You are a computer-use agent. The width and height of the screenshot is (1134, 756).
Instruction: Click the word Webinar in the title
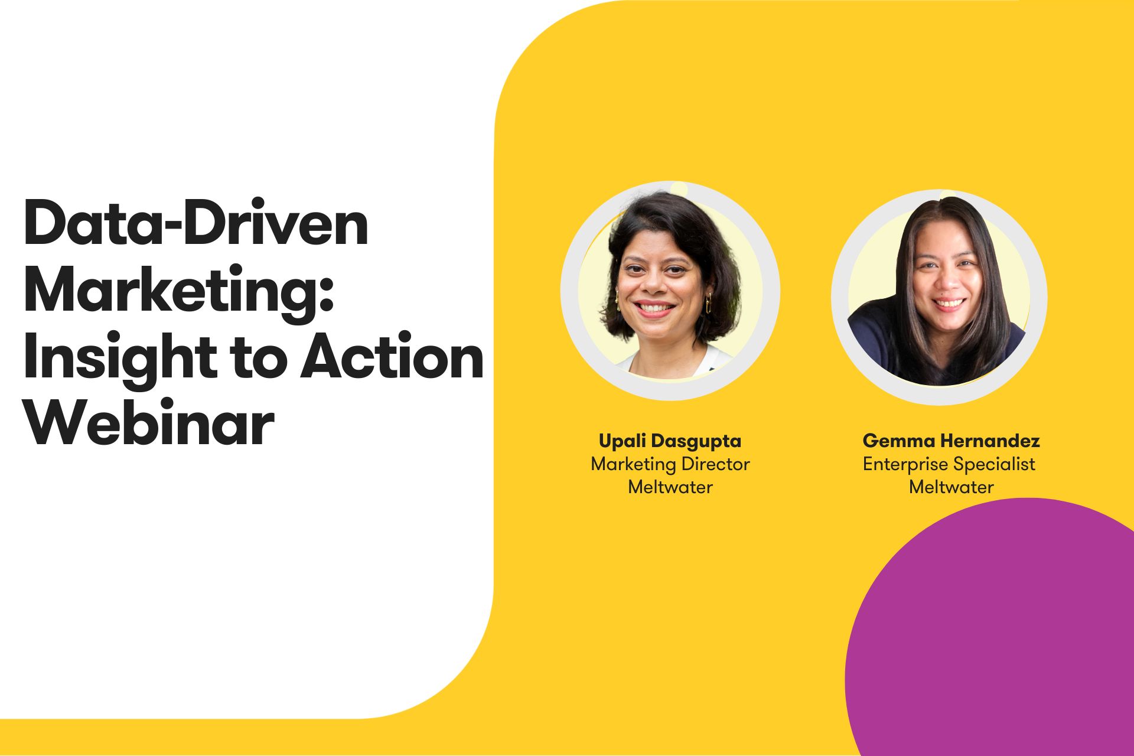[x=149, y=424]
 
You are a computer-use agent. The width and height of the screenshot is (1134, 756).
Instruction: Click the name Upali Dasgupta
[x=670, y=441]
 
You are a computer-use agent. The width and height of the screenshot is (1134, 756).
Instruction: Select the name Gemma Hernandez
[x=951, y=441]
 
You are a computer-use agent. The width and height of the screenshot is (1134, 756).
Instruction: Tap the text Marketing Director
[x=670, y=464]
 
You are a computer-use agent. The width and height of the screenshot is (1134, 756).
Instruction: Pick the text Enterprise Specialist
[x=949, y=464]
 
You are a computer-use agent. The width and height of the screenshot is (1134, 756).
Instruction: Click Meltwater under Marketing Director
[x=670, y=487]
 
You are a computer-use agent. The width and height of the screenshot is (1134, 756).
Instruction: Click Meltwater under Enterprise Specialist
[x=951, y=487]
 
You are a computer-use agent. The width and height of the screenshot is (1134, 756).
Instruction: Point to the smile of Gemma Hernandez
[x=949, y=304]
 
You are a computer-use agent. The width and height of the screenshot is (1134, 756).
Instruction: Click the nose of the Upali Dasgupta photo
[x=654, y=288]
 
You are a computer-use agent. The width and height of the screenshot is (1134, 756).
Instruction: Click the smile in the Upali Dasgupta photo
[x=654, y=308]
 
